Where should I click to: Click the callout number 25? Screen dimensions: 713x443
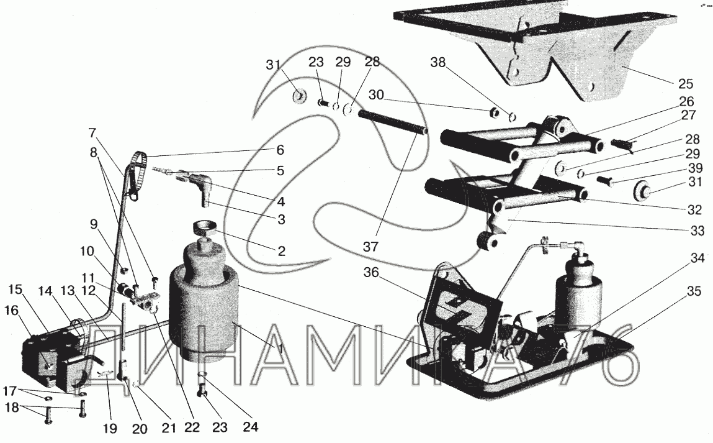(685, 84)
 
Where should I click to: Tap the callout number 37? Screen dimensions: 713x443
(370, 247)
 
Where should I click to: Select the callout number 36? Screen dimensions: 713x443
(371, 272)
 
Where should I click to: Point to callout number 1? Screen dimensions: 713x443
(280, 349)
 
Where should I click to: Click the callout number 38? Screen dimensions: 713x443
(438, 62)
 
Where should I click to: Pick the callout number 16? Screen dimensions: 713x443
(12, 311)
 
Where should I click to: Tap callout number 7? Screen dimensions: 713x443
(92, 133)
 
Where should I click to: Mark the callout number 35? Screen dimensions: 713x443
(694, 291)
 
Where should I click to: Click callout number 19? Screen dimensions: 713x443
(110, 429)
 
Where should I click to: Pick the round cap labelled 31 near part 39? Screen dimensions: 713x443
(640, 190)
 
